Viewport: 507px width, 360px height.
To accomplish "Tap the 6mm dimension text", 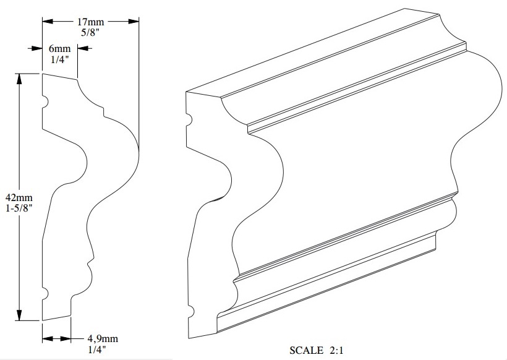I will click(60, 49).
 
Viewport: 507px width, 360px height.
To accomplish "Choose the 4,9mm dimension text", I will click(102, 339).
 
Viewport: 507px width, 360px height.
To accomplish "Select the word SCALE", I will click(307, 351).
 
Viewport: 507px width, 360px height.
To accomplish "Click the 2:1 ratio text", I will click(335, 351).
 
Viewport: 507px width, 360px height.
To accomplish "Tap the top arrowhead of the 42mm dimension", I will click(19, 78).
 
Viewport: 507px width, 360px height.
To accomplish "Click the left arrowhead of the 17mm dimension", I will click(47, 21).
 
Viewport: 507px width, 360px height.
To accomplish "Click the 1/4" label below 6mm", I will click(60, 59).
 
